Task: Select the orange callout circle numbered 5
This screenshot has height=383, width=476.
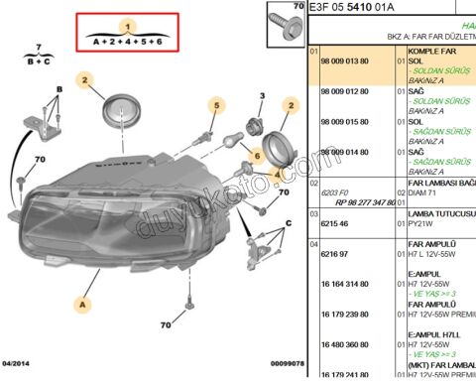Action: (x=213, y=104)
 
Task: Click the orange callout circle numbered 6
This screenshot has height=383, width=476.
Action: (x=255, y=156)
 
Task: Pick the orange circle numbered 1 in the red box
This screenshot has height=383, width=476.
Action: (x=127, y=25)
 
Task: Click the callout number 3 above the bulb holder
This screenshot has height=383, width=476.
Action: (x=262, y=96)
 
